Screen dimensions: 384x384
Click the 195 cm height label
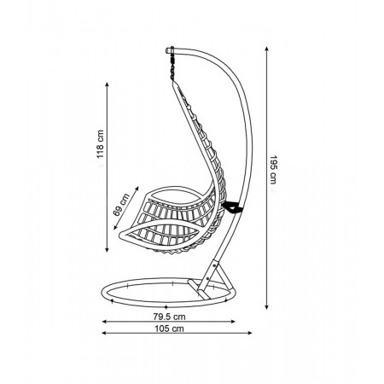(x=273, y=170)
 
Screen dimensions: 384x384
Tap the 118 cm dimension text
(x=100, y=144)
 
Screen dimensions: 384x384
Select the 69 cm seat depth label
(x=121, y=205)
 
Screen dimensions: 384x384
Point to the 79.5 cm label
(x=169, y=317)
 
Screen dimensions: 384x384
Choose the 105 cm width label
(x=169, y=329)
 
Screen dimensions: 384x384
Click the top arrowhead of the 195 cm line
(x=266, y=49)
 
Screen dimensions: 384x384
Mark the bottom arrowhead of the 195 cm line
(x=266, y=307)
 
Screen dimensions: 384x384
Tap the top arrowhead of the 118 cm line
(x=107, y=84)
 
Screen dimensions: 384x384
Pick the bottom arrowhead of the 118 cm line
(x=107, y=250)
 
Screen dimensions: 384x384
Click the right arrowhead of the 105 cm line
(x=250, y=333)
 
